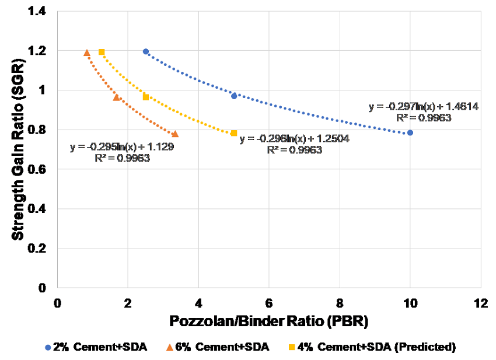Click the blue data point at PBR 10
(x=410, y=132)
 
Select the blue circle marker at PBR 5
(x=234, y=96)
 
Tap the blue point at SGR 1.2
(x=146, y=51)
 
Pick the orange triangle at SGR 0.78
(x=175, y=134)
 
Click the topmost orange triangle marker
(x=87, y=53)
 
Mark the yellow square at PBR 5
(x=234, y=133)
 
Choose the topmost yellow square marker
(x=102, y=52)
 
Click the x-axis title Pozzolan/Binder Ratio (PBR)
(x=269, y=321)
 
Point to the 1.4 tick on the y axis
(x=42, y=12)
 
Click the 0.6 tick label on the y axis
(x=42, y=169)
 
